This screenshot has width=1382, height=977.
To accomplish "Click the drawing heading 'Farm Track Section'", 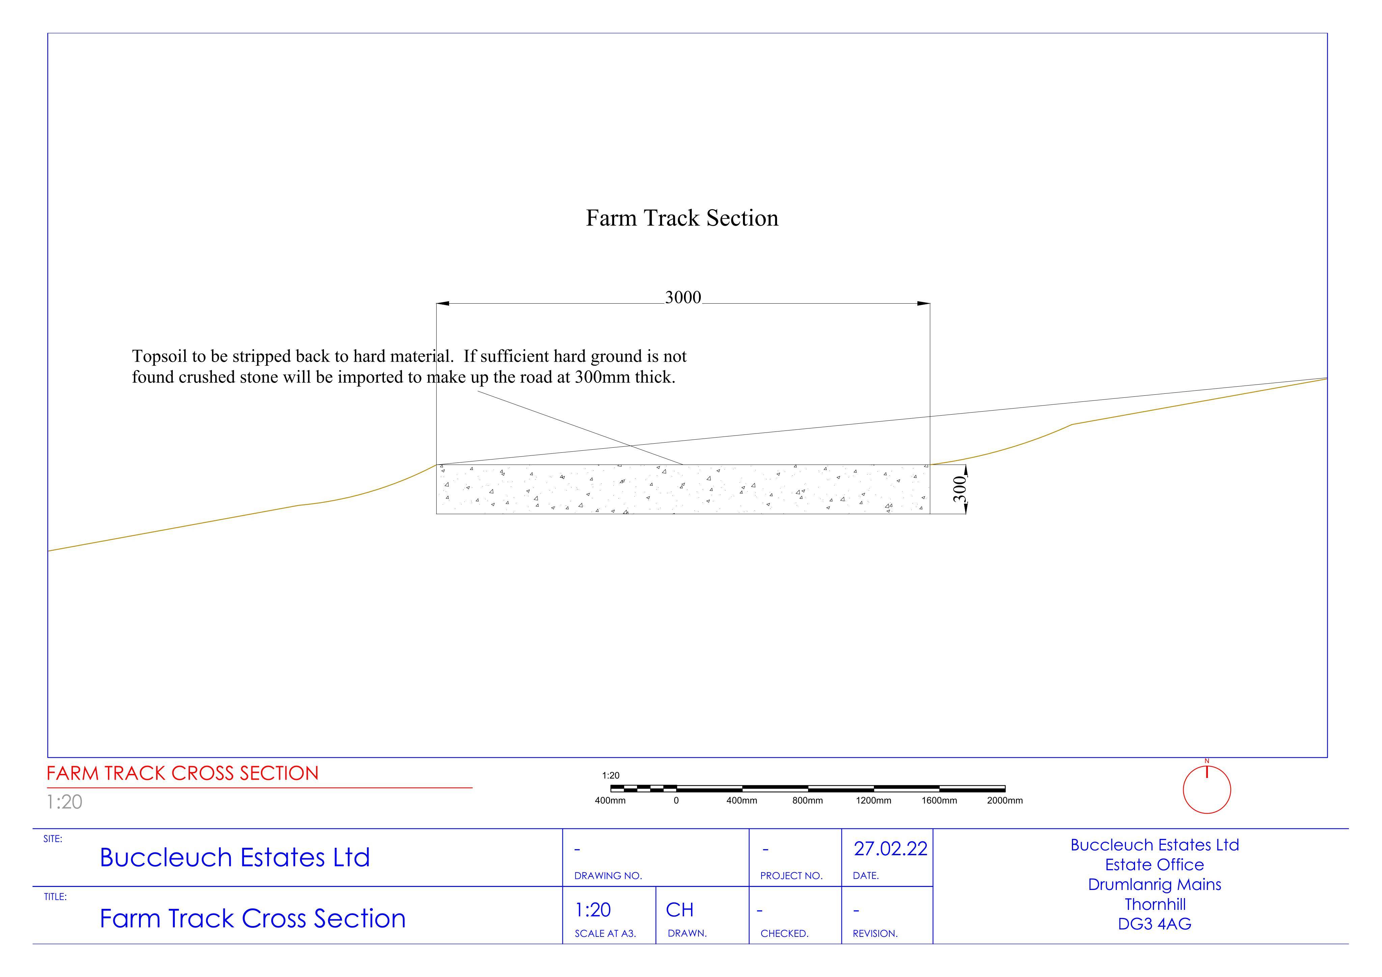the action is tap(682, 218).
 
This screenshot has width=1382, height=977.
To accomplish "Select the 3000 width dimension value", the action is tap(683, 297).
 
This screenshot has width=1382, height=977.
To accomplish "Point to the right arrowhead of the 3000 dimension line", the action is tap(923, 303).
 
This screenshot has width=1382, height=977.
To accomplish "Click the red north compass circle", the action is tap(1207, 790).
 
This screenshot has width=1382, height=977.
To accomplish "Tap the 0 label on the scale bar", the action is tap(676, 801).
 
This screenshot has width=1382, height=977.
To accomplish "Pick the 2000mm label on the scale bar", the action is tap(1004, 801).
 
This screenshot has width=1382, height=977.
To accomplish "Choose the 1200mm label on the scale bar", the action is tap(874, 801).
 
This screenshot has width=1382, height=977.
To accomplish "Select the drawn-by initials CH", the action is tap(680, 910).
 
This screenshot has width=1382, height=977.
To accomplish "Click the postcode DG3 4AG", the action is tap(1155, 924).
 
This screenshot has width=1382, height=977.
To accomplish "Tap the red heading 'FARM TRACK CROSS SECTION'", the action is tap(183, 774).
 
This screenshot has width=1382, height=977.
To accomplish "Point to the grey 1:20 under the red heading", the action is tap(64, 802).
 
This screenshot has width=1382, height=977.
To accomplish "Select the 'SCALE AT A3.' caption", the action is tap(605, 934).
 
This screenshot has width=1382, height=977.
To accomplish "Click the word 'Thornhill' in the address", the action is tap(1155, 904).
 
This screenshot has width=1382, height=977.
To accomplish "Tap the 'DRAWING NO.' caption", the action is tap(608, 876).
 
